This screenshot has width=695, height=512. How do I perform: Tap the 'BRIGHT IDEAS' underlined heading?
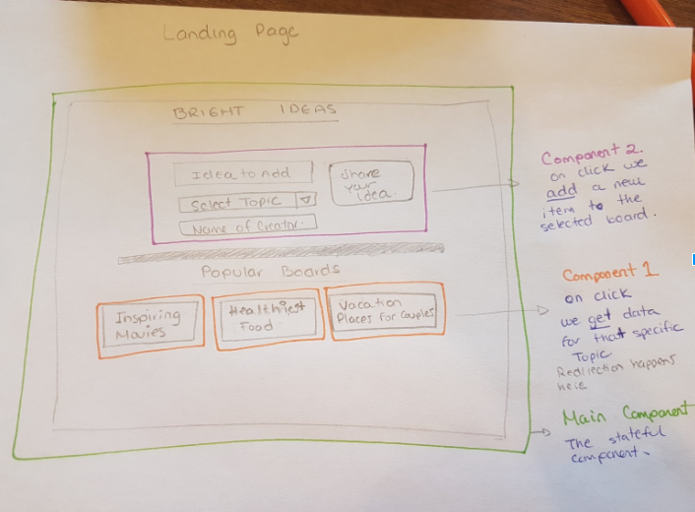(x=255, y=111)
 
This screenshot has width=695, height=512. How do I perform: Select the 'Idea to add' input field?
(x=243, y=173)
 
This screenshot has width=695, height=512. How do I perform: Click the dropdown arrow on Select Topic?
(x=304, y=201)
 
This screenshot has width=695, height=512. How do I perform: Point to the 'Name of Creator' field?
(x=247, y=227)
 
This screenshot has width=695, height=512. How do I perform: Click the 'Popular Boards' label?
(x=270, y=270)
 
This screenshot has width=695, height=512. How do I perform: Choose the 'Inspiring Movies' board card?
(x=151, y=324)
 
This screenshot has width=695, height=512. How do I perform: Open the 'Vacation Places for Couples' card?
(x=384, y=310)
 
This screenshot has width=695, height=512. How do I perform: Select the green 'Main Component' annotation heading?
(x=625, y=417)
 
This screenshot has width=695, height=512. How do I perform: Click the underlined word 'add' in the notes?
(x=560, y=190)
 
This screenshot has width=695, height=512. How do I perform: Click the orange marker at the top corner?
(x=655, y=12)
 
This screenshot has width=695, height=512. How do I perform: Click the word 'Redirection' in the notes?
(x=588, y=372)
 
